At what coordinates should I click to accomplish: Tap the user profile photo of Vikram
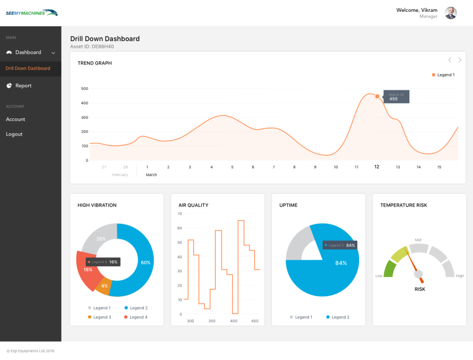pos(450,13)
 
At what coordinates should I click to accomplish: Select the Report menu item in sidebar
pos(23,86)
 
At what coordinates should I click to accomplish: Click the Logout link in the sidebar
pos(14,134)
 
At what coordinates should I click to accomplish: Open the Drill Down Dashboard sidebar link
pos(28,69)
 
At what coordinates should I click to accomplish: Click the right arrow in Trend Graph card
pos(460,60)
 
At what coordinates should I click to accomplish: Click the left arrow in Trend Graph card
pos(449,60)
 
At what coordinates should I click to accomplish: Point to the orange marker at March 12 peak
pos(377,96)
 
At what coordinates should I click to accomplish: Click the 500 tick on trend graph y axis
pos(84,89)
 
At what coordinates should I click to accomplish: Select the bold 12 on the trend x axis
pos(377,167)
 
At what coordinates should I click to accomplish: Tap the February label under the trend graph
pos(120,175)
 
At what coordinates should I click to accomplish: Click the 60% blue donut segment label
pos(145,262)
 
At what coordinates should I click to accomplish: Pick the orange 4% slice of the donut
pos(104,286)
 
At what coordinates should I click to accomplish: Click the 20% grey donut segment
pos(101,239)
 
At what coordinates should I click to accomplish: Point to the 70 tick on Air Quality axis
pos(180,214)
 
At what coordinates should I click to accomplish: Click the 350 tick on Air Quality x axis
pos(212,321)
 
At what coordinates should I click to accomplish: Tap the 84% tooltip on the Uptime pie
pos(340,245)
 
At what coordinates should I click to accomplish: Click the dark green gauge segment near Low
pos(389,269)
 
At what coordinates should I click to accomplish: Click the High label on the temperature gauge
pos(460,276)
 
